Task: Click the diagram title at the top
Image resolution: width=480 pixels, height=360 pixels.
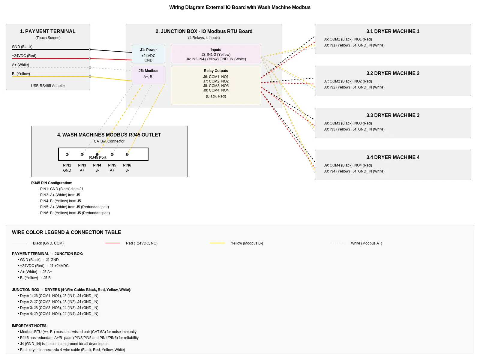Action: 240,7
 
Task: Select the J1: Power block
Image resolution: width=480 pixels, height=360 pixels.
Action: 148,54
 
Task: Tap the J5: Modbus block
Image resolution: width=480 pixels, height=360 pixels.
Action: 148,75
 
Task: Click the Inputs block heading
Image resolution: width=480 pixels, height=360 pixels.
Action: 216,50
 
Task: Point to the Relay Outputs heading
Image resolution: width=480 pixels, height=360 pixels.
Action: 216,71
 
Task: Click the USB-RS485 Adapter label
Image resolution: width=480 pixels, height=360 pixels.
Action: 48,86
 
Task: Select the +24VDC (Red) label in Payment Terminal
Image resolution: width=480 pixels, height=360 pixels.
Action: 24,56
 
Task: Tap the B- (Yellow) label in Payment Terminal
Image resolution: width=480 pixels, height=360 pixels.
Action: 21,74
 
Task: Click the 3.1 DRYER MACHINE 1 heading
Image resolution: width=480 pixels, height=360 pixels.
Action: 393,31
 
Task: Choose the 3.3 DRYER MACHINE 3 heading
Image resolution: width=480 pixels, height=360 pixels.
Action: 393,115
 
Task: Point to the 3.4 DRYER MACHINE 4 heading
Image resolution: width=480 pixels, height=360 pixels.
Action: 393,157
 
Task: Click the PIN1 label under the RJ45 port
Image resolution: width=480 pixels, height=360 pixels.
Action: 67,165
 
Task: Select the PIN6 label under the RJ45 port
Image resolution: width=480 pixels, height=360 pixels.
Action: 127,165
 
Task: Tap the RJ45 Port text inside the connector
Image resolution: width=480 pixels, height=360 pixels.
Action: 97,157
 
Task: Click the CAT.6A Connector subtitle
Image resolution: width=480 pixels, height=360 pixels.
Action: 109,141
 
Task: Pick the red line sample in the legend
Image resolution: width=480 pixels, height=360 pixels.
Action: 112,243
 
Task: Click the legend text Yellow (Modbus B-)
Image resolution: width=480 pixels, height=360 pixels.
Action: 247,243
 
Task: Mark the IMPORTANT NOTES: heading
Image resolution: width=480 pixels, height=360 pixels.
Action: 30,326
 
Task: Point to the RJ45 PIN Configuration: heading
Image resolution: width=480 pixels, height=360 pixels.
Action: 52,183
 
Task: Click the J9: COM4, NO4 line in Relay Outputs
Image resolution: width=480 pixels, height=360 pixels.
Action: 216,90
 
